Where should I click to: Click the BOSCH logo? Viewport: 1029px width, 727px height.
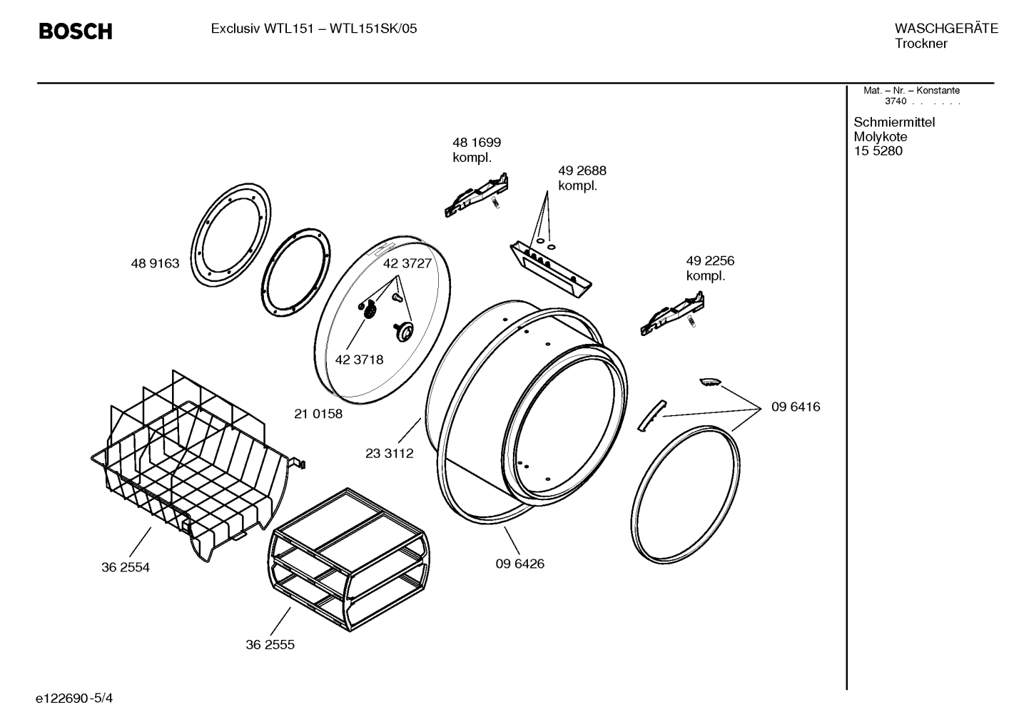click(x=75, y=31)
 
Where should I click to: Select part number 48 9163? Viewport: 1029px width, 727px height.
click(x=155, y=263)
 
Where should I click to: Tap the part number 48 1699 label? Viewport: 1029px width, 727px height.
click(x=476, y=143)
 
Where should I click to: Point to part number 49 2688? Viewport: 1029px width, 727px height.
click(x=582, y=171)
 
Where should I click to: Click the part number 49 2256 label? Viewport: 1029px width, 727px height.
click(x=709, y=261)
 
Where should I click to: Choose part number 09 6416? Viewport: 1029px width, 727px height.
click(x=796, y=407)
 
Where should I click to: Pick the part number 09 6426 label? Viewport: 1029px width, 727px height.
click(x=519, y=564)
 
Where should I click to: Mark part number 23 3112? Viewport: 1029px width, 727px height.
click(x=389, y=453)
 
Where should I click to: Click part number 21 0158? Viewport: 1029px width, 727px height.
click(x=318, y=414)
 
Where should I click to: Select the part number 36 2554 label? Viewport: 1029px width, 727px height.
click(x=126, y=568)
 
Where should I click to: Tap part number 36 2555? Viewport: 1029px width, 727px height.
click(x=270, y=645)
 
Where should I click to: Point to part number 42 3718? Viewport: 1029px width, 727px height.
click(x=359, y=360)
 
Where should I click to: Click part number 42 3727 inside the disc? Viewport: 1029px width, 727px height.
click(x=407, y=263)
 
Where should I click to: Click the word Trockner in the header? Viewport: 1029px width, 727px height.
click(x=921, y=44)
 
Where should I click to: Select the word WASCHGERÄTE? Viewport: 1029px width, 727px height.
click(x=946, y=29)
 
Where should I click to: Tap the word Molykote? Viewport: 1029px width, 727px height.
click(x=880, y=137)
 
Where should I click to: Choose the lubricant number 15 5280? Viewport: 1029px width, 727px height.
click(x=878, y=151)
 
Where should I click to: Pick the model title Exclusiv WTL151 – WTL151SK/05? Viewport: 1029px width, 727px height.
click(x=314, y=29)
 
